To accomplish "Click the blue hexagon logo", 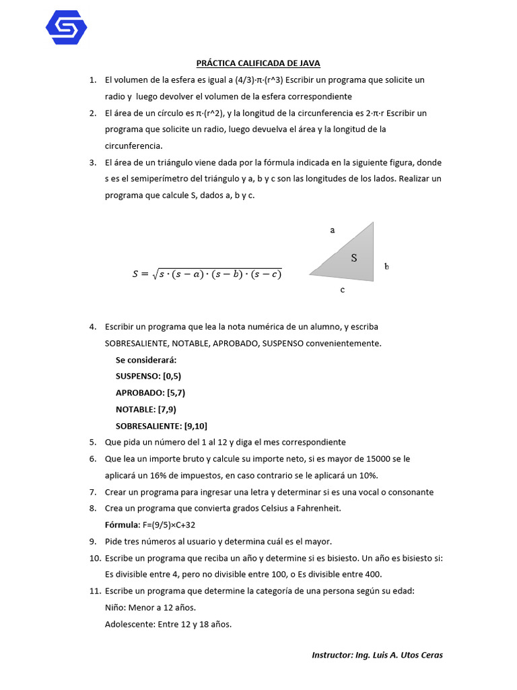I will [x=66, y=28].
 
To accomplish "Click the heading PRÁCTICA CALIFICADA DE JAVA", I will [x=258, y=63].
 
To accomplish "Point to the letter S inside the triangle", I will [x=353, y=258].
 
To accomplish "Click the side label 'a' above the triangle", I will [x=333, y=230].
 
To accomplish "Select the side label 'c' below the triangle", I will [x=343, y=290].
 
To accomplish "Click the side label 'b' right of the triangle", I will [x=386, y=266].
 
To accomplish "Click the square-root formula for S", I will [x=207, y=274].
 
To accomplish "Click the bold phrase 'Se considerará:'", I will [x=146, y=360].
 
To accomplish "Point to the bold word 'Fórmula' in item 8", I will [x=120, y=525].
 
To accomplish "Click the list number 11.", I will [x=94, y=591].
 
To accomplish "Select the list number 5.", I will [x=93, y=442].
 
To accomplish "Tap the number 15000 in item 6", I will [x=389, y=459].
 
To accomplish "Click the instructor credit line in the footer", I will [x=377, y=655].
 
